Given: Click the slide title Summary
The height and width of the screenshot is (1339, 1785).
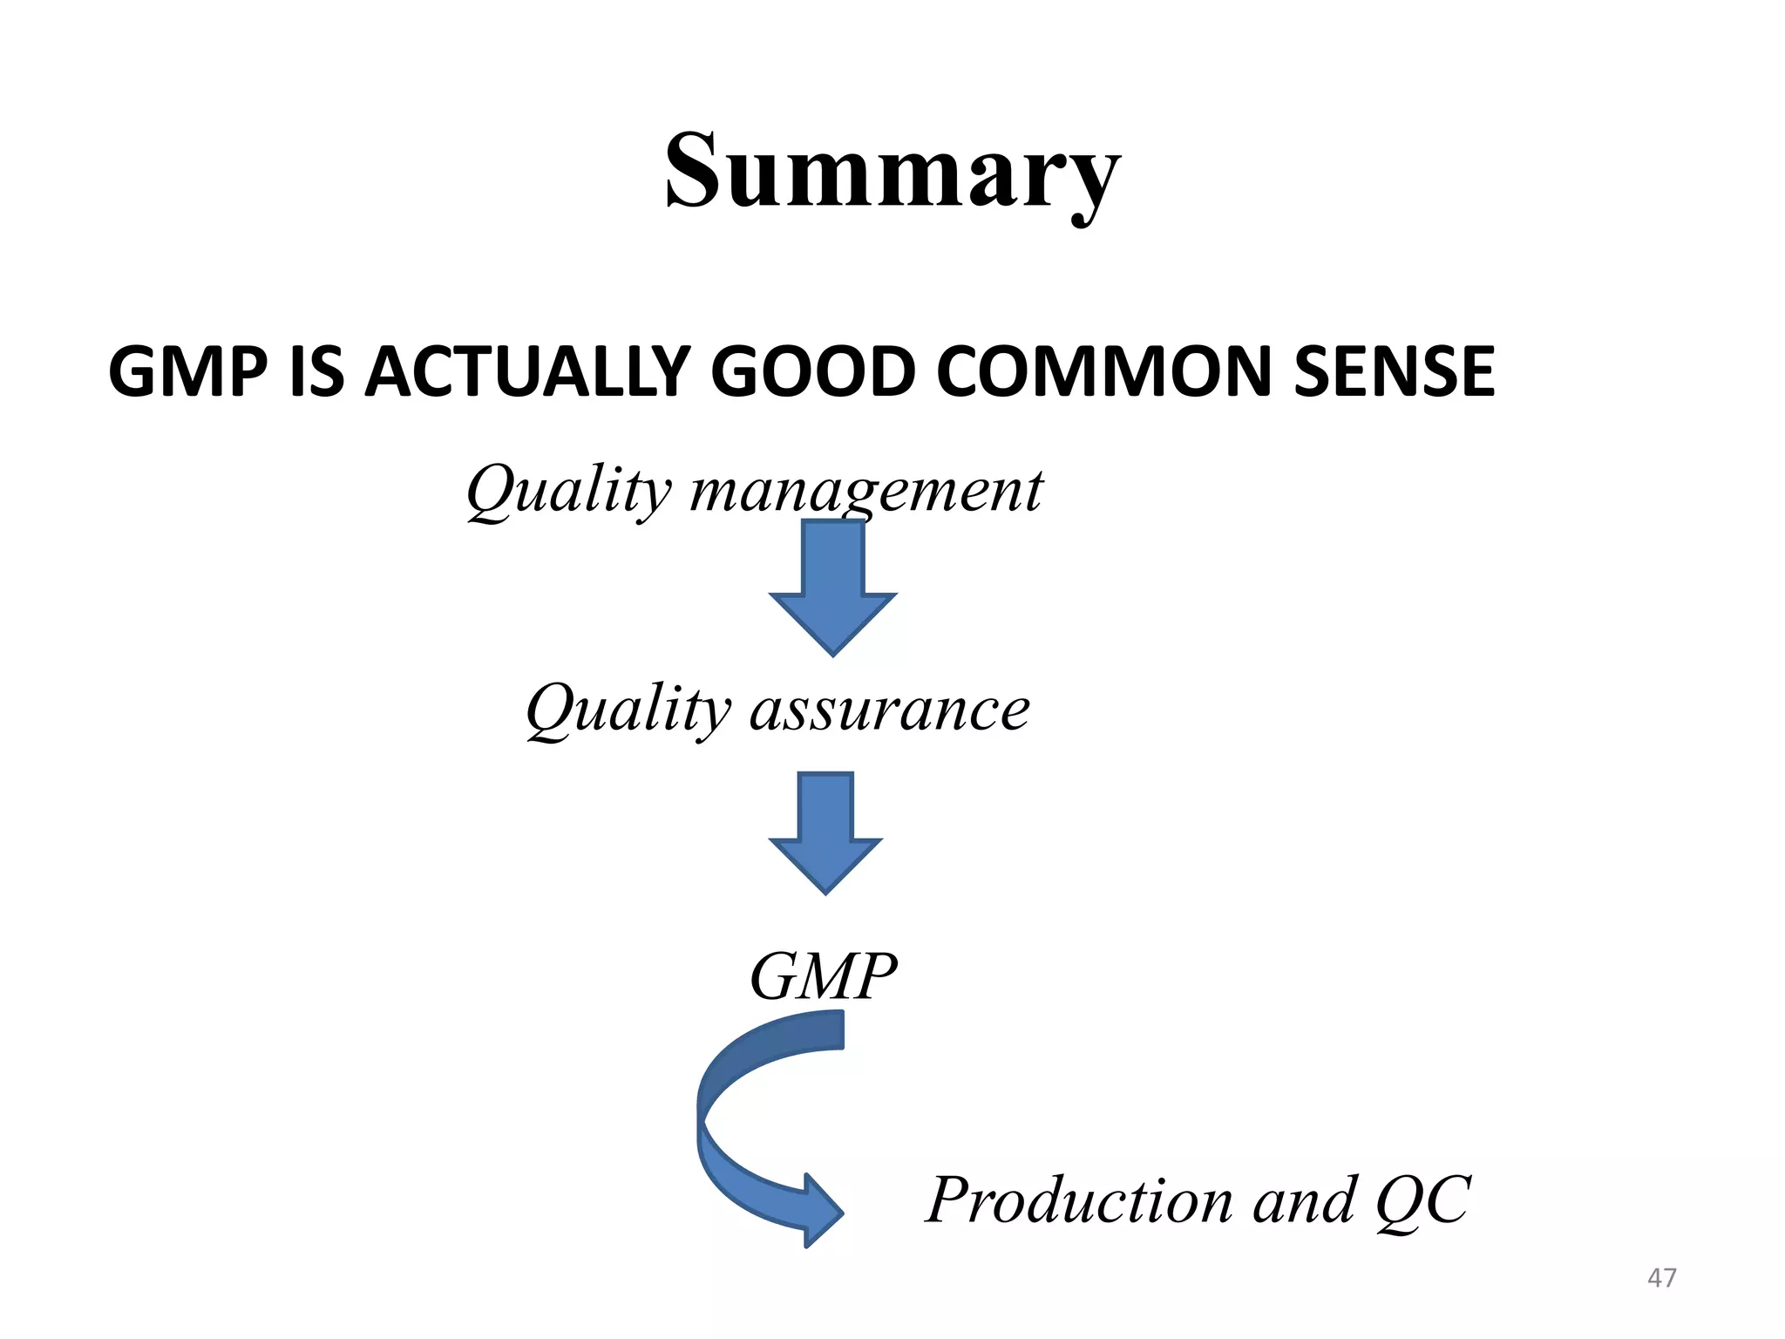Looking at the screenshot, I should [892, 172].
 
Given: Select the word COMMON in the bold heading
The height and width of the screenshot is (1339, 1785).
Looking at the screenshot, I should [1104, 372].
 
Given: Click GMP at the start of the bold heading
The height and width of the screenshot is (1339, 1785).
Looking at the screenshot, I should [187, 372].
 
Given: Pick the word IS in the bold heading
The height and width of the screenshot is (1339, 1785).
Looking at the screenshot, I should [316, 372].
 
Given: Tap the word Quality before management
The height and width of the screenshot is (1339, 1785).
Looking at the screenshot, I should [569, 491].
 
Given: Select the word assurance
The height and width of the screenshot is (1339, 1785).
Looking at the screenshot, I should [889, 709].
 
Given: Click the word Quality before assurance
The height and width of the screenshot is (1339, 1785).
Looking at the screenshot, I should [628, 709].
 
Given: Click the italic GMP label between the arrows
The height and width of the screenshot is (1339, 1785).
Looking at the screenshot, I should [822, 976].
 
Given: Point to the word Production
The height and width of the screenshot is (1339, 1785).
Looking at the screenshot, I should [1079, 1200].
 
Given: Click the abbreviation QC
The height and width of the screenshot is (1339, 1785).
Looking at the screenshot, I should [1422, 1200].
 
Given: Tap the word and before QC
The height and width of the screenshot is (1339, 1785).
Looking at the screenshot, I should [1305, 1200].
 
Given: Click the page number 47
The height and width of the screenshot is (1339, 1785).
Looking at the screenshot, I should [1661, 1278].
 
